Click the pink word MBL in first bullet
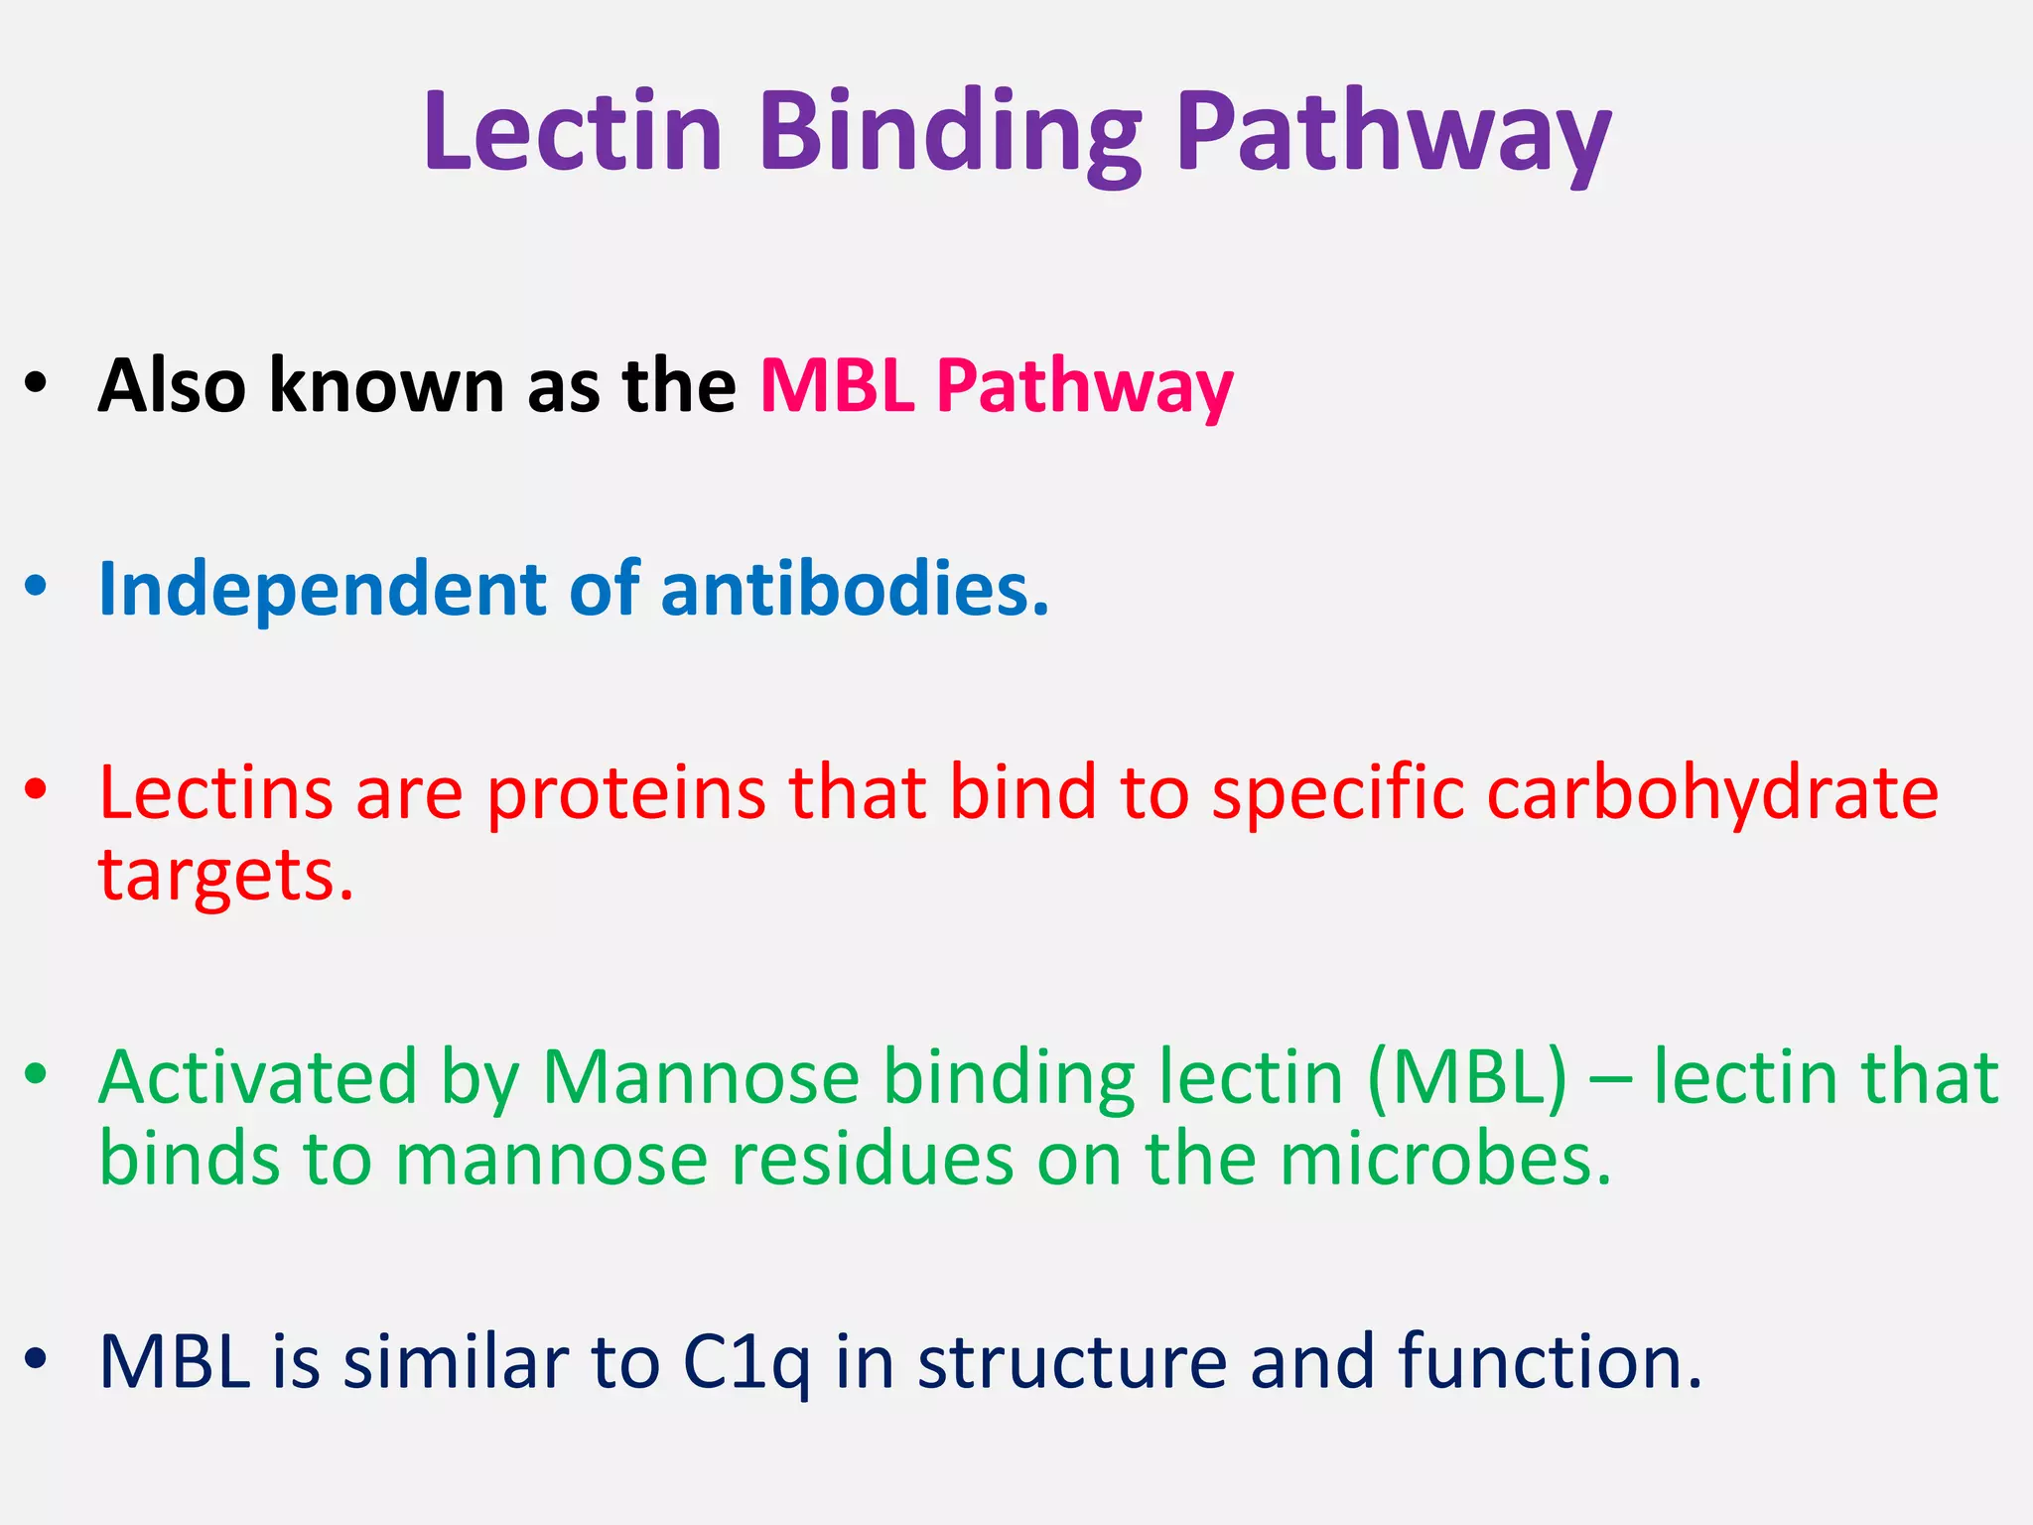[836, 385]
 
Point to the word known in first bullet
[387, 385]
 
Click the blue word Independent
[322, 590]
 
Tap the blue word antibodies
[854, 590]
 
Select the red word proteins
[625, 793]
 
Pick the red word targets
[225, 876]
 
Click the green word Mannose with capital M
[701, 1078]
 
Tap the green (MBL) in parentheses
[1466, 1078]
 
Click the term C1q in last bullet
[746, 1362]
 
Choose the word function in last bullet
[1550, 1362]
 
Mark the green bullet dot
[37, 1073]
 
